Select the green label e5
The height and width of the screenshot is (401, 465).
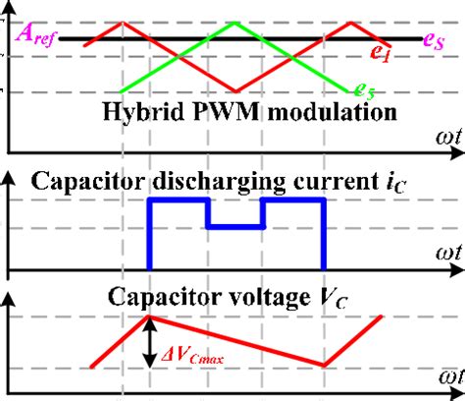364,92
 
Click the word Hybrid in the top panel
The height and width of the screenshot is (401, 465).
136,111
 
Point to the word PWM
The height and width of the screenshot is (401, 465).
209,111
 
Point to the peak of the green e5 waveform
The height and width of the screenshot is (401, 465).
235,22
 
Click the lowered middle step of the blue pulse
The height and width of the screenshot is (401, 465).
235,226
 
